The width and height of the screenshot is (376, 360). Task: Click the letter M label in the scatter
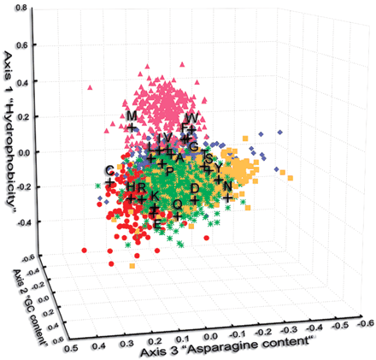(x=132, y=115)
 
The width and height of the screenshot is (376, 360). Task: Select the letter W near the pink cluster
(x=192, y=117)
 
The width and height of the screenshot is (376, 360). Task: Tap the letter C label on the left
(x=109, y=170)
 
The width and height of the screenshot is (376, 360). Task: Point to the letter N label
(x=227, y=186)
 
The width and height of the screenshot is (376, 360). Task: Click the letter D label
(x=195, y=187)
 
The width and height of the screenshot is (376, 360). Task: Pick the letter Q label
(x=177, y=204)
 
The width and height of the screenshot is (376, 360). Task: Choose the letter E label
(x=157, y=223)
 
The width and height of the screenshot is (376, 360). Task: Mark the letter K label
(x=153, y=196)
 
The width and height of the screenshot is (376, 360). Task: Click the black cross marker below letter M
(x=132, y=128)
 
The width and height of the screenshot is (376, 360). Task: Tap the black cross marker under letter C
(x=110, y=182)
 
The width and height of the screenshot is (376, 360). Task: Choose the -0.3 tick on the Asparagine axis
(x=296, y=329)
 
